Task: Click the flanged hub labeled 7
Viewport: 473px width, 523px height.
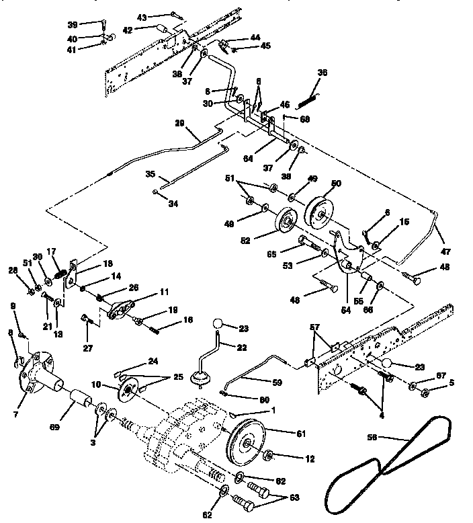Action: pos(35,374)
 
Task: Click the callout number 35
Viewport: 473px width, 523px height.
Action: pos(150,175)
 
